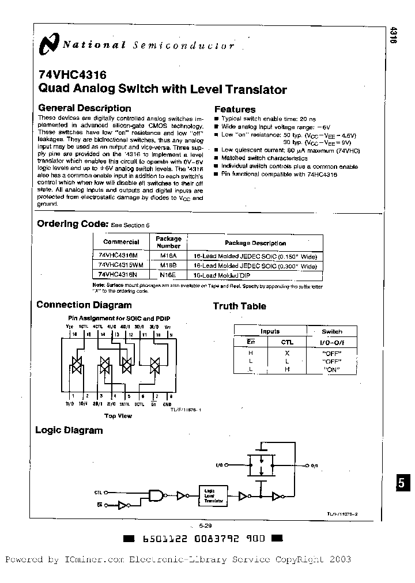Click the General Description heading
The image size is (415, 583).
pyautogui.click(x=84, y=108)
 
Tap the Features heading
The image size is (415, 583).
pyautogui.click(x=235, y=109)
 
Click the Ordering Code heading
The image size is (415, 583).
pyautogui.click(x=72, y=224)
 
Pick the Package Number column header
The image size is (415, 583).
pyautogui.click(x=168, y=242)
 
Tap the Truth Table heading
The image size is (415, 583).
pyautogui.click(x=239, y=306)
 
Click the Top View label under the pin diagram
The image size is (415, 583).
pyautogui.click(x=118, y=415)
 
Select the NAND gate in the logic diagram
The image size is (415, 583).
pyautogui.click(x=156, y=494)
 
